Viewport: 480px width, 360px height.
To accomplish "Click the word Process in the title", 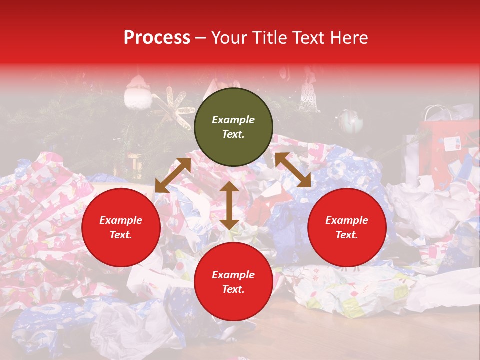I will pos(157,38).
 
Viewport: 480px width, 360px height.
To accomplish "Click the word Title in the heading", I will pos(268,38).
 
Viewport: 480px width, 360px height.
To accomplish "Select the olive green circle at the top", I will pos(233,127).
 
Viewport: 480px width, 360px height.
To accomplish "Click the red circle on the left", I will pos(121,227).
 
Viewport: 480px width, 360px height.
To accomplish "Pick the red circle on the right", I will pos(347,227).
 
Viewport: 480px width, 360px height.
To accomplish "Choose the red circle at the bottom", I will pos(233,282).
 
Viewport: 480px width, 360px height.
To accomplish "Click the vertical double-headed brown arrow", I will pos(229,205).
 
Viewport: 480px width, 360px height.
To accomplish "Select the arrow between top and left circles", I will pos(173,175).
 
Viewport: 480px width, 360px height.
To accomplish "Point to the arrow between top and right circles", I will pos(293,170).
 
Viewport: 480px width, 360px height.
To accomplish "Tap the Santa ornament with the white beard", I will pos(138,93).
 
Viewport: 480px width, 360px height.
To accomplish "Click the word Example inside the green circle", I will pos(233,120).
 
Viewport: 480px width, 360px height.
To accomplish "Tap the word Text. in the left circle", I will pos(121,235).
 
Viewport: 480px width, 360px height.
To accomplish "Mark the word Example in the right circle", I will pos(347,220).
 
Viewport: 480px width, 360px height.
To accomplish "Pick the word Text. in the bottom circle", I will pos(233,289).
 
